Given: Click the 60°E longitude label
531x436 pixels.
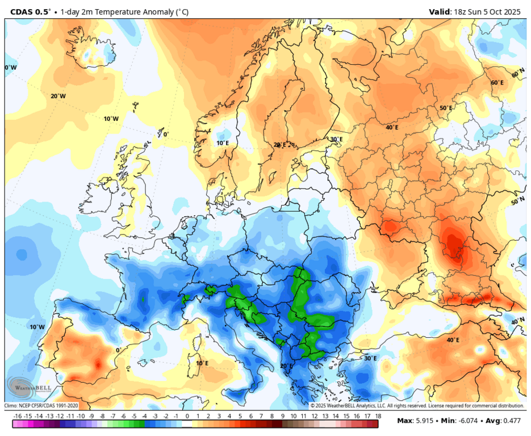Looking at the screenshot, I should point(497,83).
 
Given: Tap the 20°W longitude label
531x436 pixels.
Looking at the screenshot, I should point(58,96).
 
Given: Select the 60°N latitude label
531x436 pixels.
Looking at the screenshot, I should point(518,74).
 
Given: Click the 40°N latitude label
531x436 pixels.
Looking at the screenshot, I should point(517,321).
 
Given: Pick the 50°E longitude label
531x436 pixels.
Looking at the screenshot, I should point(446,108).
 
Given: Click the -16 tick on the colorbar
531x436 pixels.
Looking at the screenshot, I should point(18,416).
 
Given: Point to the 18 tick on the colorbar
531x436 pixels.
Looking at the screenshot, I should point(378,416).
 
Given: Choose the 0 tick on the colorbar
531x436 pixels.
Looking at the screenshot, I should point(187,416).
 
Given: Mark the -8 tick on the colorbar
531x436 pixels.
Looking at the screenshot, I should point(102,416).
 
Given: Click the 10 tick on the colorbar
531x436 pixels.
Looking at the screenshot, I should point(292,416).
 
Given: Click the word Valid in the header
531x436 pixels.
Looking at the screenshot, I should point(438,11).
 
